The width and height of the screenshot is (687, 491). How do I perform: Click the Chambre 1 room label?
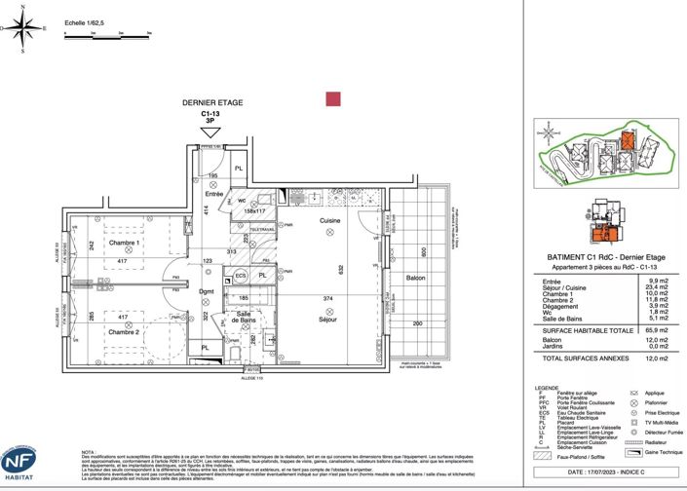(125, 244)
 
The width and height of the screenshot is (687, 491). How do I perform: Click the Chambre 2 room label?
(125, 332)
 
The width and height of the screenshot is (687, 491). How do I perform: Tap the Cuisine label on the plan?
(330, 221)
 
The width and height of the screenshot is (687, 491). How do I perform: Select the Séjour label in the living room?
(327, 319)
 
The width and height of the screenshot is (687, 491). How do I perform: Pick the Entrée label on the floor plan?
(213, 194)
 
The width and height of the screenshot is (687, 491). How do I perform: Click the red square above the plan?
(332, 98)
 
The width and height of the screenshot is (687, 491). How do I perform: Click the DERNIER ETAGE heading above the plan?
(212, 102)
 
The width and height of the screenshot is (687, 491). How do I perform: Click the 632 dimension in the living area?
(340, 270)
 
